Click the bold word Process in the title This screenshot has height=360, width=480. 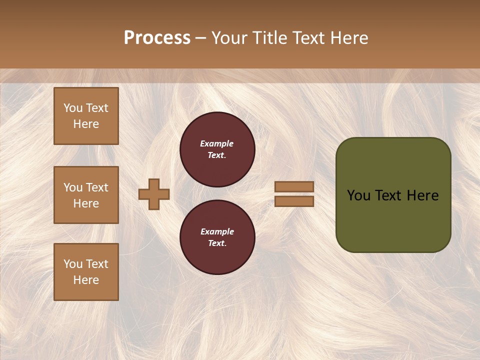coord(157,38)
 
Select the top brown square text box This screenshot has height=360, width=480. coord(86,116)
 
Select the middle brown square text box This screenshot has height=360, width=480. coord(86,195)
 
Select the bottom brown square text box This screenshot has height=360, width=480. coord(86,272)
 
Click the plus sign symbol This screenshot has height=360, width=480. coord(154,194)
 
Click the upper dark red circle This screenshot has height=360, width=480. coord(217,149)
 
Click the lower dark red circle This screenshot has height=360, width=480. coord(217,237)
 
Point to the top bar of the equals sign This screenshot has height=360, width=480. coord(294,187)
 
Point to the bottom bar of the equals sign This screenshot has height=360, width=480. coord(294,201)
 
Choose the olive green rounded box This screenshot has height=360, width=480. coord(393,195)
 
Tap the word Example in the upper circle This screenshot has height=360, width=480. coord(217,143)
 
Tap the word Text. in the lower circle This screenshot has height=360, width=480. coord(217,243)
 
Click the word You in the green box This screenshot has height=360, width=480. coord(358,195)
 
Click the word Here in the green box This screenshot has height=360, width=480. coord(422,195)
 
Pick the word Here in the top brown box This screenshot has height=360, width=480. coord(86,124)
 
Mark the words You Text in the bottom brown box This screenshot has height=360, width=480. coord(86,264)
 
